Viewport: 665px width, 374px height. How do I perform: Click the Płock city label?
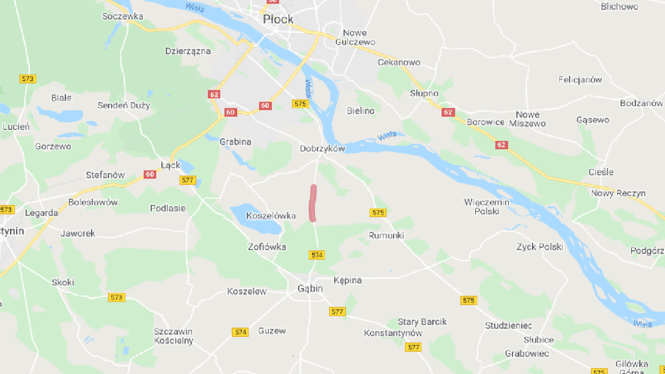278,19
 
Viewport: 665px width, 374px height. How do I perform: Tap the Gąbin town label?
310,288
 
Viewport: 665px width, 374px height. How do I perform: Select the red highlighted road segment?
313,203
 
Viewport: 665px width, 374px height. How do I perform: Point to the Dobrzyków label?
323,148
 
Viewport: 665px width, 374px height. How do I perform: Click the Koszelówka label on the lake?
271,216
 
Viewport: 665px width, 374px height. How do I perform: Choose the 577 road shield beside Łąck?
187,180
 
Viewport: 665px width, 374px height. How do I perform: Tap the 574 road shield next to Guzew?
241,332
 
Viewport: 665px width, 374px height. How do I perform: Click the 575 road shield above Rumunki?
378,213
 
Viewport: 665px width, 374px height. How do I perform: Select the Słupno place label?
424,93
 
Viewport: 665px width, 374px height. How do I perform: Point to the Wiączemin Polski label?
487,207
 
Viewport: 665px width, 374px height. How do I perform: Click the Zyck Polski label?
539,247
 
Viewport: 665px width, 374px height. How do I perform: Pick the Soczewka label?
123,16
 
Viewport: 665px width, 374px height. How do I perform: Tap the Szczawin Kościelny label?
173,336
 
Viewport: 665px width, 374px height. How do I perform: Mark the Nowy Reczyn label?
618,193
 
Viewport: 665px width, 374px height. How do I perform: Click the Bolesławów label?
93,202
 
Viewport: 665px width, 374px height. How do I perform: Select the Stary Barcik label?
422,322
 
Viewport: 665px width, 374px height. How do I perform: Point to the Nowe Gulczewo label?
355,37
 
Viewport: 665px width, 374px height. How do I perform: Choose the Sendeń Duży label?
123,106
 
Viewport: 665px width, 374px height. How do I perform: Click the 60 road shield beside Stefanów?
150,175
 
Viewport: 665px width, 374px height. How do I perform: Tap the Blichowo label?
619,7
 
